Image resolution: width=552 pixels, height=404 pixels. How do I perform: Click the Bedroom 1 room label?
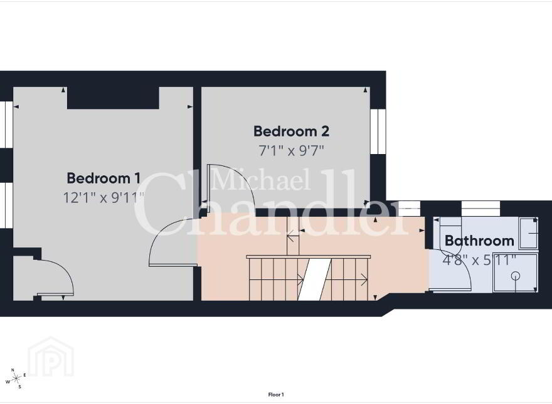point(103,179)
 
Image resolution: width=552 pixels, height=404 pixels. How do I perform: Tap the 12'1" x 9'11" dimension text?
point(103,197)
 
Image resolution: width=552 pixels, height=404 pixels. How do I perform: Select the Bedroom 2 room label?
point(291,131)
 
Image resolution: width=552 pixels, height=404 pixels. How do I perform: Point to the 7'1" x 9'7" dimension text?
point(291,150)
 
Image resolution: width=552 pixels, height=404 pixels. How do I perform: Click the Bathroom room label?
point(479,241)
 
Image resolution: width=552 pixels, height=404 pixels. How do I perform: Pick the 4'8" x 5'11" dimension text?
point(479,260)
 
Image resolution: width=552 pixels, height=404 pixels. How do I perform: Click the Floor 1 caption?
point(276,395)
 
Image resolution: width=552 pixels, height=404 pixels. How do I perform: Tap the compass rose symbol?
point(16,378)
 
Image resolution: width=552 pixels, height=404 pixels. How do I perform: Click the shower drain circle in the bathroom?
point(516,276)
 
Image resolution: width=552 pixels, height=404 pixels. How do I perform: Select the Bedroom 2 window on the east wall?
point(378,132)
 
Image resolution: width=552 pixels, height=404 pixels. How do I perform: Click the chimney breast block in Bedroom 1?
point(113,98)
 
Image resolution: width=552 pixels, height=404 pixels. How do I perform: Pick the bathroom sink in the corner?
point(528,233)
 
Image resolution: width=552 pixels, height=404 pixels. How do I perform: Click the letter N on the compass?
point(13,370)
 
